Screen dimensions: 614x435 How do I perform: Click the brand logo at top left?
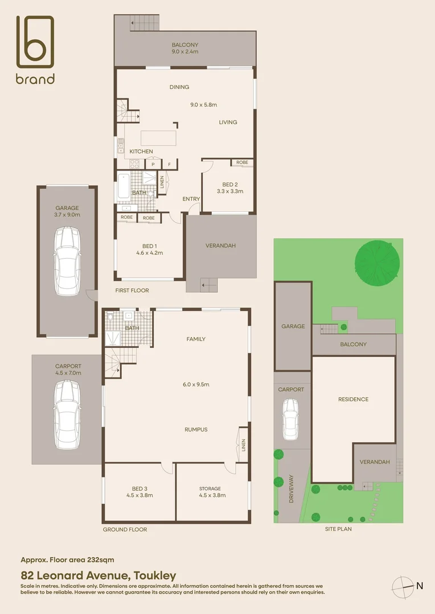35,49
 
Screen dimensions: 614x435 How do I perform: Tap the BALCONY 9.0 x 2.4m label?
185,48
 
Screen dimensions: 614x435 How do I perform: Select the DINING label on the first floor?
179,87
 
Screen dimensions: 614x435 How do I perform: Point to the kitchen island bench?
159,138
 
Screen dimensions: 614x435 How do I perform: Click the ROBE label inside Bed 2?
242,163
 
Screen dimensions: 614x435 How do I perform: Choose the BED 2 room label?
230,188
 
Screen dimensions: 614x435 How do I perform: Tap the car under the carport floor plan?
68,413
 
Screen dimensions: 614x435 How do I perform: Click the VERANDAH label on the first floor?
220,246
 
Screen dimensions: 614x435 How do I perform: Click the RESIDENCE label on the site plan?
353,399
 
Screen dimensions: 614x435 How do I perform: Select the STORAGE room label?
210,492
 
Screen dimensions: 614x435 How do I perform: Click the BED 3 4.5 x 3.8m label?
139,492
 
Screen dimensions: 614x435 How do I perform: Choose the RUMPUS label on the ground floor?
196,429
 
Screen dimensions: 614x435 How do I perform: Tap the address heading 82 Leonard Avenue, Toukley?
98,575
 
